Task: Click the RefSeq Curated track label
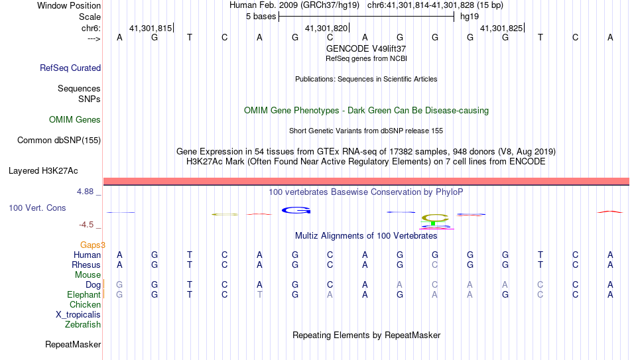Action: [70, 68]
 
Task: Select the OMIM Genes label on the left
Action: [75, 120]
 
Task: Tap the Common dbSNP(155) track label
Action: [59, 141]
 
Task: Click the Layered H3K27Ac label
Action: [43, 171]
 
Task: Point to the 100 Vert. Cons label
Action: [37, 208]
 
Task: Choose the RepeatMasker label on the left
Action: [73, 344]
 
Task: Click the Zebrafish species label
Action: [83, 324]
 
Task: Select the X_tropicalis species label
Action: [78, 315]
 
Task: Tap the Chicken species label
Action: [85, 304]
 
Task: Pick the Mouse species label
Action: [88, 275]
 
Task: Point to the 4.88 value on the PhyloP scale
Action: [85, 192]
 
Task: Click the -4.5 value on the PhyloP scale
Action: [86, 225]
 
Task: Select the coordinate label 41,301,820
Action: [326, 28]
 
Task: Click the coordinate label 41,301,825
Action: [501, 28]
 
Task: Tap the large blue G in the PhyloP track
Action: [296, 210]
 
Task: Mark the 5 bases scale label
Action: [261, 17]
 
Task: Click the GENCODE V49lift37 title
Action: [366, 48]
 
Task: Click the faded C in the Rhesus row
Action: [435, 265]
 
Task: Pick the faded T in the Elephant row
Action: [259, 294]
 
